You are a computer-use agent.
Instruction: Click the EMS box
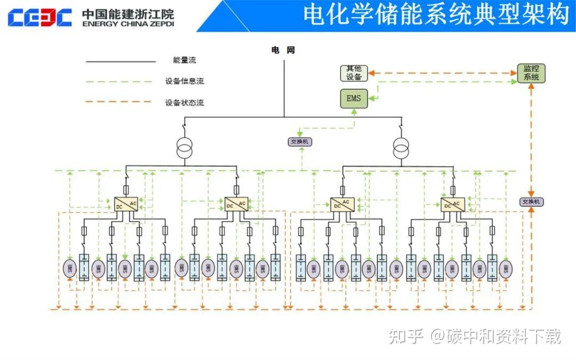(353, 98)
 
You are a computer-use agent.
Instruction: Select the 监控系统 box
(531, 73)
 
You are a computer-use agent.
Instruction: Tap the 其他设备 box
(354, 73)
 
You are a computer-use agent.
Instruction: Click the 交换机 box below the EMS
(300, 142)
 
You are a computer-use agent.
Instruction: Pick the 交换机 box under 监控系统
(531, 202)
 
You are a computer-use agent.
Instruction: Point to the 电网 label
(283, 50)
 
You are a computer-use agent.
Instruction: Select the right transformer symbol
(401, 148)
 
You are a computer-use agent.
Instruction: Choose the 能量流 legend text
(185, 61)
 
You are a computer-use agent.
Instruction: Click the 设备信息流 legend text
(185, 82)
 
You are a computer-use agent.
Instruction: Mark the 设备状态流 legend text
(185, 102)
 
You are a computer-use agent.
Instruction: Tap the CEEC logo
(39, 17)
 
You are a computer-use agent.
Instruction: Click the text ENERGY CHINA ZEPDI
(128, 24)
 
